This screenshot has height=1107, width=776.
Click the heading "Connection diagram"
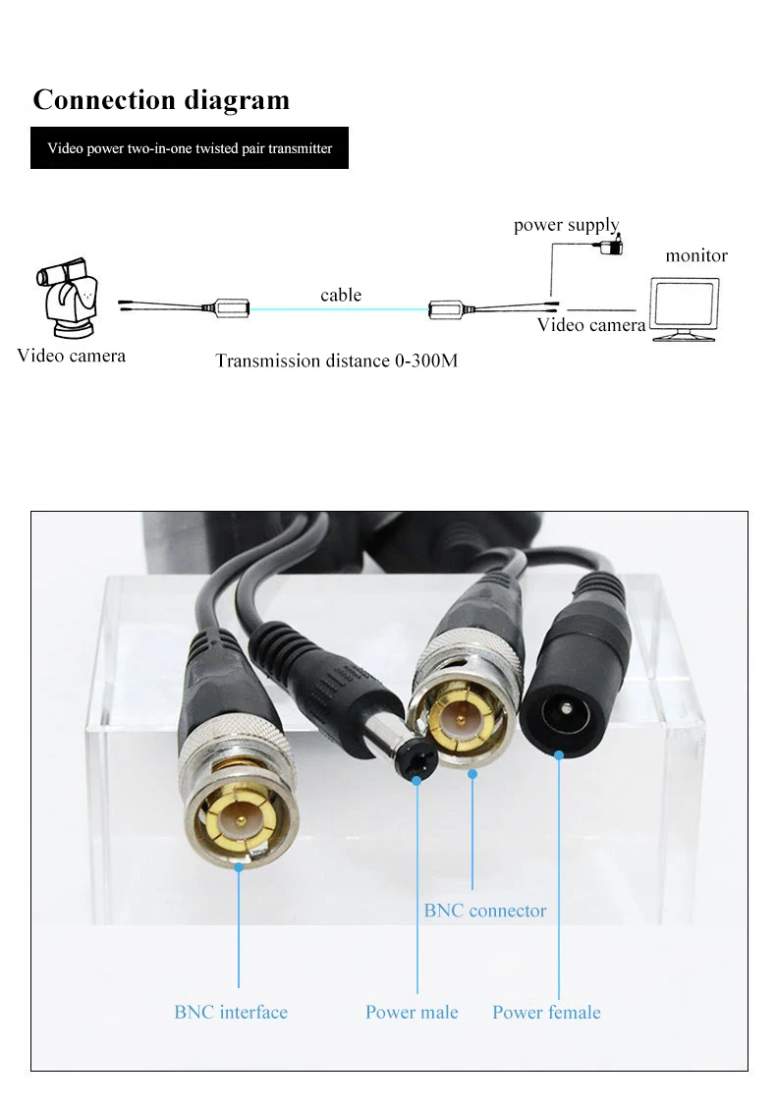click(x=161, y=100)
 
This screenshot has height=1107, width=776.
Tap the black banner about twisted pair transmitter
click(x=190, y=148)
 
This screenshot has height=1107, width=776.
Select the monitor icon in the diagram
click(x=686, y=308)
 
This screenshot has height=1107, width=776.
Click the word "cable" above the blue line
click(x=341, y=295)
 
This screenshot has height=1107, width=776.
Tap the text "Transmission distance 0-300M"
click(x=336, y=360)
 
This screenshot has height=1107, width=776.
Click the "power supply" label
click(x=566, y=225)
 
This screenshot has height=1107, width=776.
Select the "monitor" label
click(x=696, y=255)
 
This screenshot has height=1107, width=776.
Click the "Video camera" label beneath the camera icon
click(x=71, y=356)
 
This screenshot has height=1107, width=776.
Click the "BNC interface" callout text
click(x=231, y=1012)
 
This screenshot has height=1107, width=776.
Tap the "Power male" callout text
click(x=412, y=1012)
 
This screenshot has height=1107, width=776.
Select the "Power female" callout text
click(x=546, y=1012)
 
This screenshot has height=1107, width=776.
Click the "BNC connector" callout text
click(x=484, y=911)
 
